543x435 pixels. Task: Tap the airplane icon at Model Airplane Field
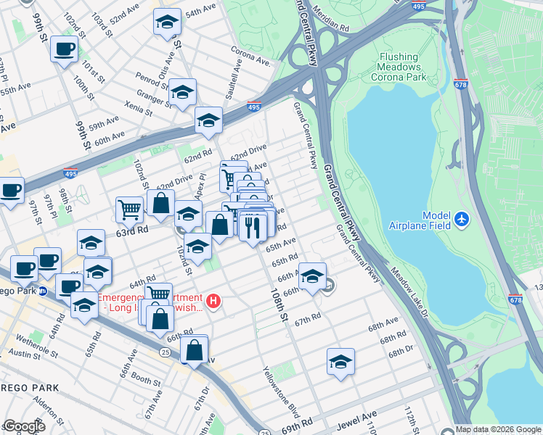click(x=461, y=218)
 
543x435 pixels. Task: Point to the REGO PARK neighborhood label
click(x=30, y=388)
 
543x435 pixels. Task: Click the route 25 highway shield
click(x=166, y=352)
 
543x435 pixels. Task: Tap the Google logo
click(x=24, y=426)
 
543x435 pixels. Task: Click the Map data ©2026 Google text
click(x=498, y=429)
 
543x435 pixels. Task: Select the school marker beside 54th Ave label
click(x=167, y=22)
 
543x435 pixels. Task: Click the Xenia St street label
click(x=139, y=107)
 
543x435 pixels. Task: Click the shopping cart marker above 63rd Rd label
click(x=129, y=209)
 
